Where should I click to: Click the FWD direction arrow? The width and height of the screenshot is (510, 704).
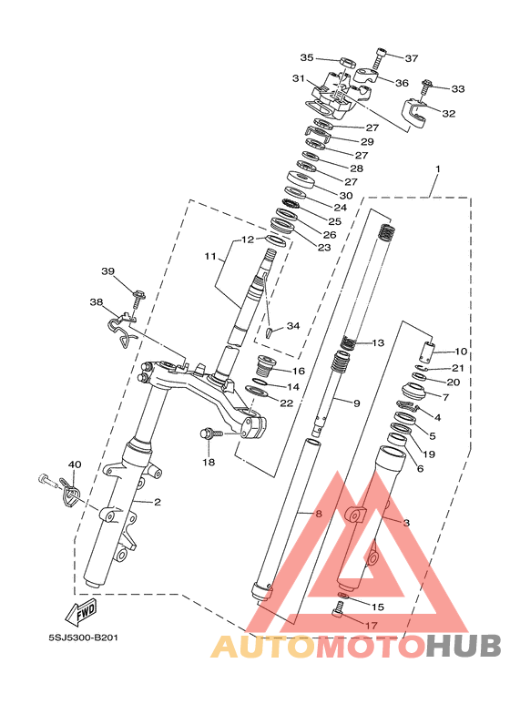[x=82, y=610]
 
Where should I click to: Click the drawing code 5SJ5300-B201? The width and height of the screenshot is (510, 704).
[x=84, y=638]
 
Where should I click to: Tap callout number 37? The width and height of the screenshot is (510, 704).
[x=412, y=58]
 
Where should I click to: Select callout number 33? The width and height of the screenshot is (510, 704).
[x=457, y=89]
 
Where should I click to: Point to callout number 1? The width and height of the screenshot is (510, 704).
[x=438, y=169]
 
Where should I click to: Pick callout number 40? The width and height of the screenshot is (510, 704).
[x=75, y=464]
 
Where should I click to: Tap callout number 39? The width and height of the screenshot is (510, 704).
[x=107, y=271]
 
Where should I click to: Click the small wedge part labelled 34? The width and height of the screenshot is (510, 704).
[x=270, y=332]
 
